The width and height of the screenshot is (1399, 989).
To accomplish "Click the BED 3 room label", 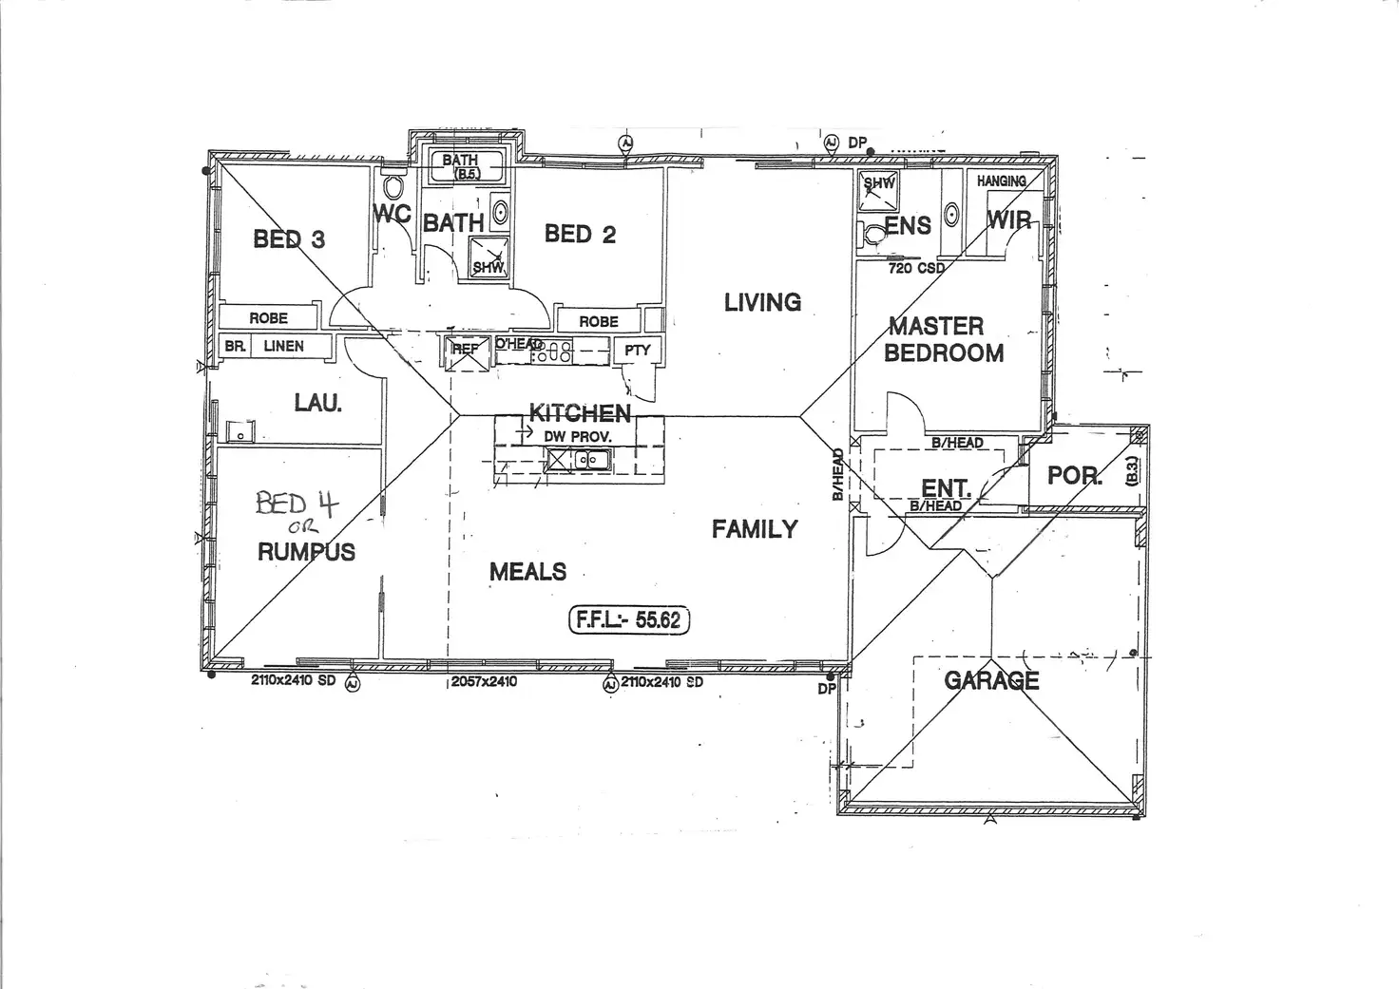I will click(x=289, y=239).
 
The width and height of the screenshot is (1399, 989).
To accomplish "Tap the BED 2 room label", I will click(x=580, y=234).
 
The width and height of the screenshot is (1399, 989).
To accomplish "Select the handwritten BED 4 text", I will click(x=296, y=503).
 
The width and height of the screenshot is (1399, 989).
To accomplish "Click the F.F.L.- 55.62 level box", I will click(x=629, y=619).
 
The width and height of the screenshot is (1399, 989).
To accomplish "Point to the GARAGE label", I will click(x=991, y=680).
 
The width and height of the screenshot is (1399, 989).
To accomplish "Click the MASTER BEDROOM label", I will click(x=943, y=339).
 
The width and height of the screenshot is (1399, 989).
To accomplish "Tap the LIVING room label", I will click(x=762, y=302).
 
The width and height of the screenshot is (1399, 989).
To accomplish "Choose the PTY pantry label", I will click(x=638, y=350).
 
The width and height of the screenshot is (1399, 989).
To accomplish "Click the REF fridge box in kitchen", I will click(x=466, y=349).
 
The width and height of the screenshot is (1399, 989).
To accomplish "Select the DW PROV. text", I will click(x=578, y=436).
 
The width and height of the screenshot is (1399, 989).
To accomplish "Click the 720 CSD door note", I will click(x=916, y=268).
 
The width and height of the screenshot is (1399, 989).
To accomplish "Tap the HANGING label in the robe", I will click(x=1002, y=181).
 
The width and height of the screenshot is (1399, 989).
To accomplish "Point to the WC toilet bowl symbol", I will click(x=393, y=185).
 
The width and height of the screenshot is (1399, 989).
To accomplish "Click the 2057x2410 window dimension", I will click(x=484, y=681).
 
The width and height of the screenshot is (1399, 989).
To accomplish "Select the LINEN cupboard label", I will click(x=283, y=346).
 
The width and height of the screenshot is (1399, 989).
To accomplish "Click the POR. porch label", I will click(x=1074, y=475).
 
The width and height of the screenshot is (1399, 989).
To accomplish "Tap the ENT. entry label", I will click(x=946, y=488).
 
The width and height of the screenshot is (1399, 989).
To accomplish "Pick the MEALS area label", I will click(x=527, y=571).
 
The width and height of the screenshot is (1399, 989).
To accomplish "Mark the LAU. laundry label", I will click(x=317, y=403).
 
